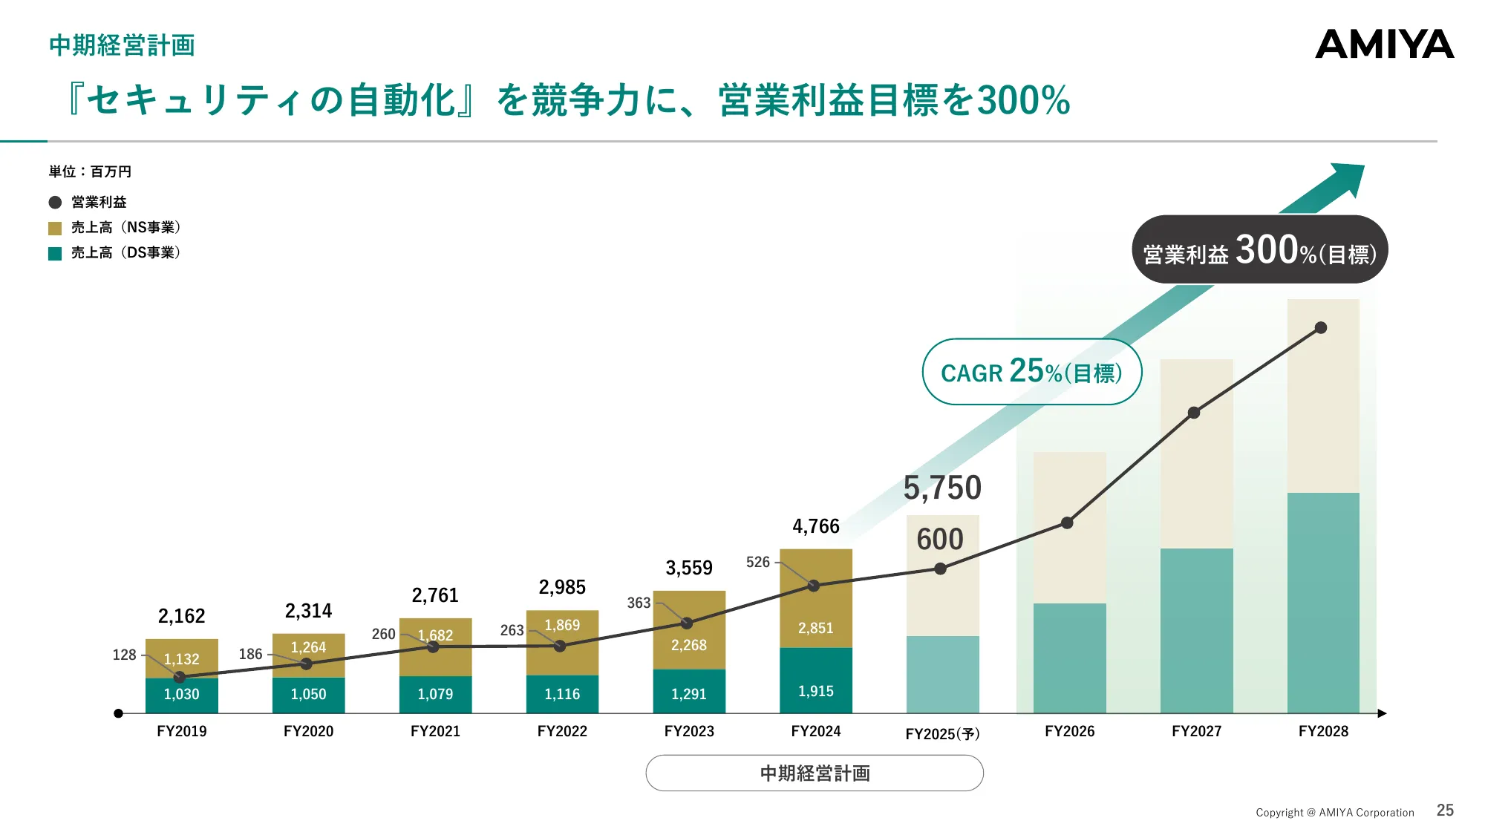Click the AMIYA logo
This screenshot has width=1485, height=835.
click(1384, 45)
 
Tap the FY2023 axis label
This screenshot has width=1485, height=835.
click(689, 731)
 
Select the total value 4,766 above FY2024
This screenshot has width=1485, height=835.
click(815, 526)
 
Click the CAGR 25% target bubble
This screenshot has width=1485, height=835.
click(1031, 371)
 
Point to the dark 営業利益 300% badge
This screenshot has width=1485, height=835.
click(1259, 250)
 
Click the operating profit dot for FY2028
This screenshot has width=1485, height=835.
click(1321, 327)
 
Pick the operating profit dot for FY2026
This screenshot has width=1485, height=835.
click(1067, 523)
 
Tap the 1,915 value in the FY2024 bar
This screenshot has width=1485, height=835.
click(815, 691)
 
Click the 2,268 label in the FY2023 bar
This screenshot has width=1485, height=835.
click(688, 645)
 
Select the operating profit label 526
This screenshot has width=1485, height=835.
click(757, 562)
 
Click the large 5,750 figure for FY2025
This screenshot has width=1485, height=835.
click(942, 488)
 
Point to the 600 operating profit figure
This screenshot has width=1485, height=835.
click(940, 539)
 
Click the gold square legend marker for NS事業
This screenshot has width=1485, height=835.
click(55, 228)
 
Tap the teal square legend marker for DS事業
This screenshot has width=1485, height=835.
click(55, 253)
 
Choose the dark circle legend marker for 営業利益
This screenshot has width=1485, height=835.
click(55, 203)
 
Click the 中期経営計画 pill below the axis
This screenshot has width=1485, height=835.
click(815, 773)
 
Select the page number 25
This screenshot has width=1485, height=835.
click(1445, 811)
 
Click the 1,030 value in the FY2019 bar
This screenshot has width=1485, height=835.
click(181, 694)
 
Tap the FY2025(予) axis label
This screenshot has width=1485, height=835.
click(942, 733)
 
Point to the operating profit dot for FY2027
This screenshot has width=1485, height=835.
click(1194, 413)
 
